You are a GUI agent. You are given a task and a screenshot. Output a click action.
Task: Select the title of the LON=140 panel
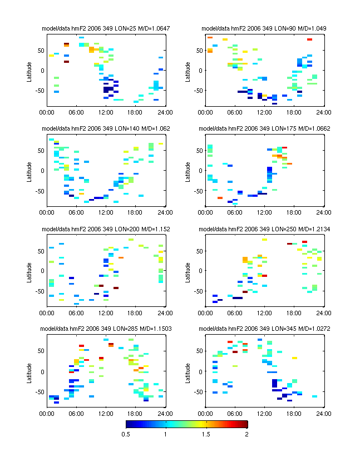point(106,128)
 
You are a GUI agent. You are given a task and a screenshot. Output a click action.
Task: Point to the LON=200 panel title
point(106,229)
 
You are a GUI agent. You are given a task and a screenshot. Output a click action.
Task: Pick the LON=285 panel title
point(106,329)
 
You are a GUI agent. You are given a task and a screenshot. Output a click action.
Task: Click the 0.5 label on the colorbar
point(125,435)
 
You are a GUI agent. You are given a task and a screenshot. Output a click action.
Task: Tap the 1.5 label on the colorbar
point(206,435)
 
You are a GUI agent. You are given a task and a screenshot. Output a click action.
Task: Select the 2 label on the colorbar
point(247,435)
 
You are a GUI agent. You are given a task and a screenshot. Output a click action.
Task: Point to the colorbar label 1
point(165,435)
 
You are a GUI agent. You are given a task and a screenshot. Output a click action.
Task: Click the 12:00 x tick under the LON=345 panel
point(264,414)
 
